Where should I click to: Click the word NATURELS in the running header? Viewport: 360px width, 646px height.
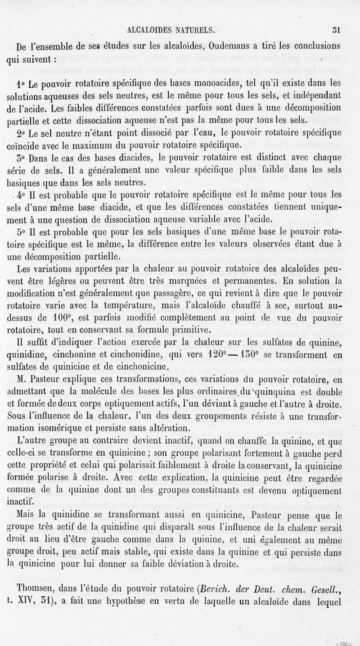(193, 31)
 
